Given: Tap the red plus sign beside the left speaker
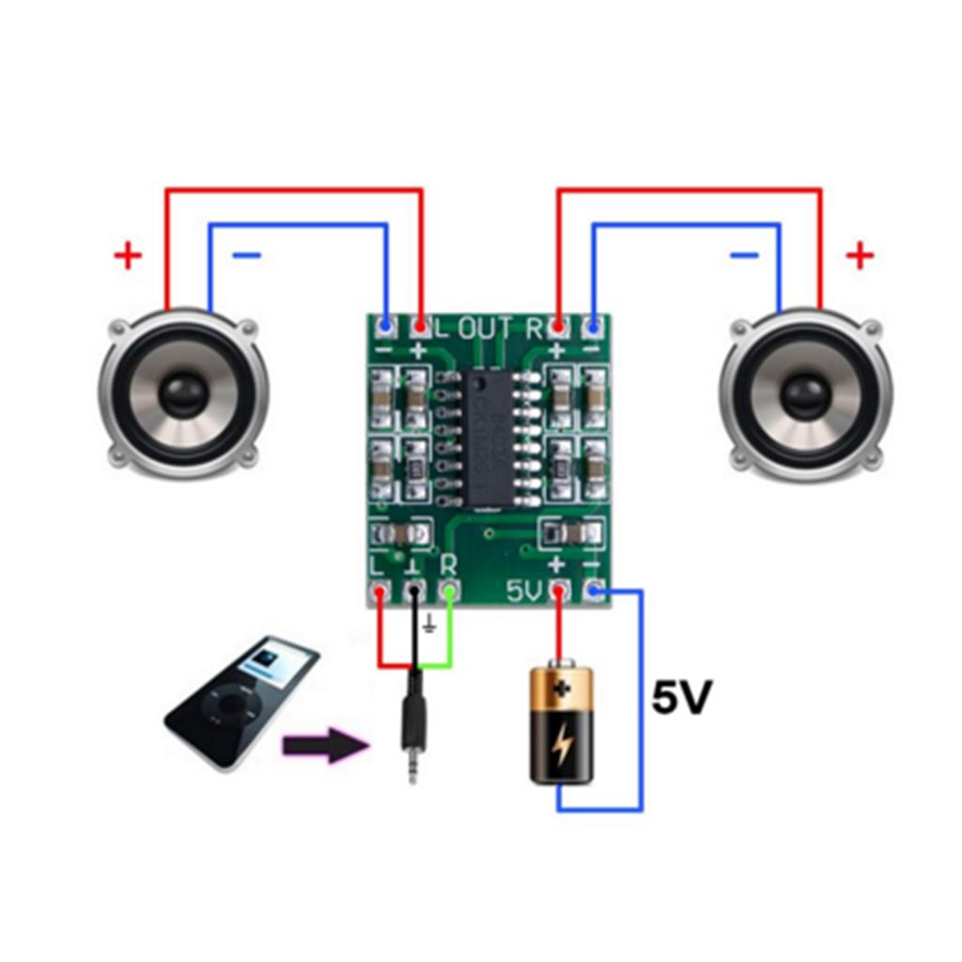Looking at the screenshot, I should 128,255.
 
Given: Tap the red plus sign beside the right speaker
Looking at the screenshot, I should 860,255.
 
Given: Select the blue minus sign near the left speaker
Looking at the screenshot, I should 246,255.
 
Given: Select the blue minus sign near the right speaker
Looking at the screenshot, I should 743,255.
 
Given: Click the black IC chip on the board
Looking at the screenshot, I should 488,438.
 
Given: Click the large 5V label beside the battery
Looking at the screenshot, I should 682,698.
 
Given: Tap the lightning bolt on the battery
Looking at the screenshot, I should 562,744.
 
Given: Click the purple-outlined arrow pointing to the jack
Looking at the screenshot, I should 324,747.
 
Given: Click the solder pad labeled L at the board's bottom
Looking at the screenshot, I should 380,592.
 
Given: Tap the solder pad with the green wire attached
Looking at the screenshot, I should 450,591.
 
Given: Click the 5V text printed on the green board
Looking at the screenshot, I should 525,592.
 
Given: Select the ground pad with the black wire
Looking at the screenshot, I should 414,592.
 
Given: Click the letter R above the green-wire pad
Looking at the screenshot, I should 449,565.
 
